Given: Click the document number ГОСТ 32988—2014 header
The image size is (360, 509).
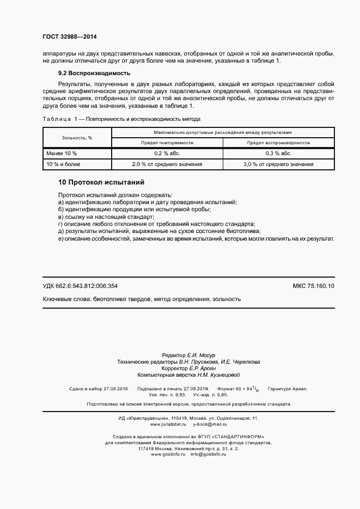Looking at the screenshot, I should tap(69, 37).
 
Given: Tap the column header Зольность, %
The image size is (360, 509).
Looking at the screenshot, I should tap(77, 138).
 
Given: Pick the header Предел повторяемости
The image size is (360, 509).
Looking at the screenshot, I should tap(167, 143).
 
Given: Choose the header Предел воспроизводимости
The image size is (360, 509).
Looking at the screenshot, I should tap(278, 143).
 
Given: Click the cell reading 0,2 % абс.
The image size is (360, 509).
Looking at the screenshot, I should tap(167, 154).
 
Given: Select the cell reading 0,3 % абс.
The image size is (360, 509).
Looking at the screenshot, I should tap(278, 154).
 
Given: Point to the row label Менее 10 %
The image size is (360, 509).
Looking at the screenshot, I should tap(62, 154).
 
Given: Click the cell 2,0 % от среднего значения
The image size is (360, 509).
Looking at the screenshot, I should tap(167, 164).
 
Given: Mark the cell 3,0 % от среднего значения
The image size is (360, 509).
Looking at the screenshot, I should tap(278, 164).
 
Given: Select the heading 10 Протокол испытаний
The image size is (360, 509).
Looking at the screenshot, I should tap(101, 182).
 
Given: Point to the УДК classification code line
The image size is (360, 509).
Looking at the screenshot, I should tap(80, 286).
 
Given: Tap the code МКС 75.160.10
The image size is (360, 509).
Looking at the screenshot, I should tap(314, 286).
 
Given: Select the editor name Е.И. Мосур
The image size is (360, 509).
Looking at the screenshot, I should tap(202, 355).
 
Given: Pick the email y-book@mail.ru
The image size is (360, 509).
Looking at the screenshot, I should tap(210, 424).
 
